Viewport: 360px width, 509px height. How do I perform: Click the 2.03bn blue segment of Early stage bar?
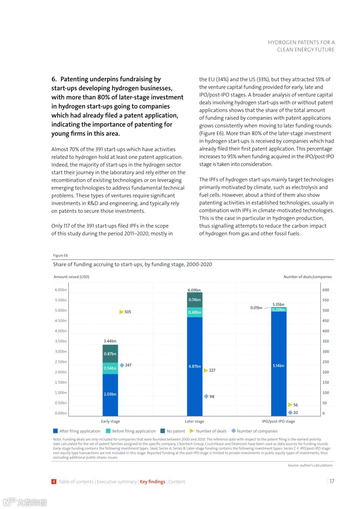coord(110,395)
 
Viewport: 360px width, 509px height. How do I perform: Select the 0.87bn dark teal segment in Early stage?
coord(110,354)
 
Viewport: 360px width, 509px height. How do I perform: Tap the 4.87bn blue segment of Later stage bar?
coord(195,366)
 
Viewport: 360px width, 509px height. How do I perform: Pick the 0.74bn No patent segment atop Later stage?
coord(195,300)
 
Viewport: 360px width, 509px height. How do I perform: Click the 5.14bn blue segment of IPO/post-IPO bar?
coord(279,366)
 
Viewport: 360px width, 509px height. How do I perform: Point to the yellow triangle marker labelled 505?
coord(121,312)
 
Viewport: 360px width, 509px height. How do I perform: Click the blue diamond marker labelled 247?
coord(122,365)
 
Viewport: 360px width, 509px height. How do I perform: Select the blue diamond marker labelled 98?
coord(206,396)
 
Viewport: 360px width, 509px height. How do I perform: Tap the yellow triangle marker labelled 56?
coord(290,405)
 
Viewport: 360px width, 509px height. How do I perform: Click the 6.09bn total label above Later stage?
coord(194,290)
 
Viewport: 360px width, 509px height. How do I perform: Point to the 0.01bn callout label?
coord(256,308)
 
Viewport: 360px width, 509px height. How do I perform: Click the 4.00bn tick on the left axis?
coord(61,331)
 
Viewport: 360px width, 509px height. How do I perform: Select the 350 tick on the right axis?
coord(326,341)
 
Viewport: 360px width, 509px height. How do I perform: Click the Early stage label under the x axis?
coord(110,421)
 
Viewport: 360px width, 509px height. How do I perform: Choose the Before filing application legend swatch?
coord(108,431)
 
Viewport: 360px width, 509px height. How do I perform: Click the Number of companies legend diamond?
coord(233,431)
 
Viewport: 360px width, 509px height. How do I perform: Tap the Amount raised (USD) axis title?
coord(71,277)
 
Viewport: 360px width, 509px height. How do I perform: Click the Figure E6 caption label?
coord(60,255)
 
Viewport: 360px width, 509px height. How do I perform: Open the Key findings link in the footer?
coord(152,482)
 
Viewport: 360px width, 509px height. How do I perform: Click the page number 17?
coord(332,481)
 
